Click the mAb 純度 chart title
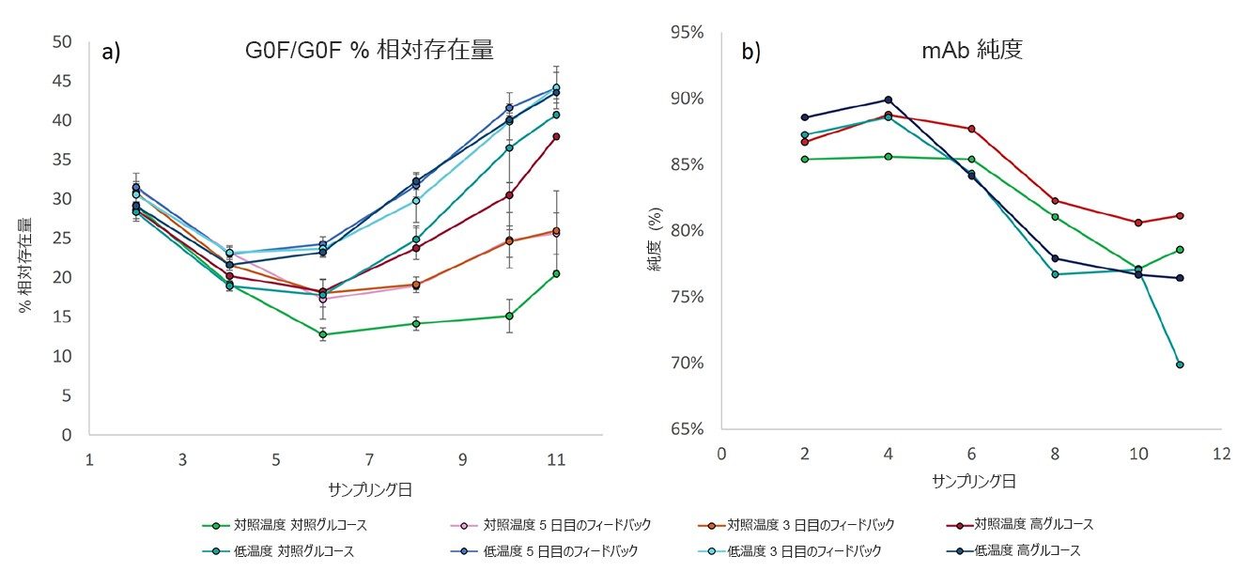[x=971, y=51]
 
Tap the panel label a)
[x=112, y=53]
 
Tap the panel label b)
[x=751, y=53]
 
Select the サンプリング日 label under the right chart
[x=974, y=481]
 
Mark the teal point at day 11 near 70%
[x=1180, y=364]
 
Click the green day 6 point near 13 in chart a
[x=323, y=334]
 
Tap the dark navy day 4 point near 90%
[x=888, y=100]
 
